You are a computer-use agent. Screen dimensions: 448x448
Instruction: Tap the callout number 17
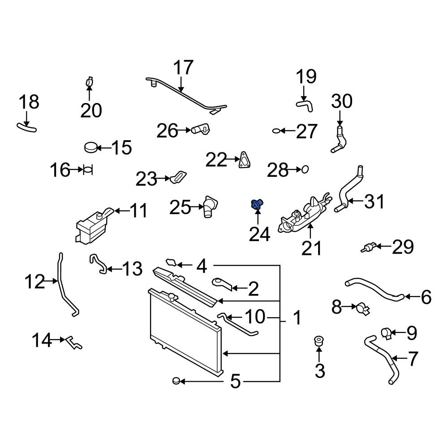pyautogui.click(x=183, y=68)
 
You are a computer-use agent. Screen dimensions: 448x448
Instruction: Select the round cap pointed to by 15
pyautogui.click(x=91, y=147)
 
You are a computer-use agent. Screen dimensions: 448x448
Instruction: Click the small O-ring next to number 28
pyautogui.click(x=305, y=169)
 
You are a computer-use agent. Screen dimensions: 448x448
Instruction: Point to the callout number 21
pyautogui.click(x=311, y=248)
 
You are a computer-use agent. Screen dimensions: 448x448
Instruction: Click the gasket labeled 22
pyautogui.click(x=244, y=160)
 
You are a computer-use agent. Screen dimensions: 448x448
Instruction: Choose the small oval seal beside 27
pyautogui.click(x=276, y=131)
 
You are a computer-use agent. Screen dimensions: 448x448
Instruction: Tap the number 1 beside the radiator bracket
pyautogui.click(x=297, y=318)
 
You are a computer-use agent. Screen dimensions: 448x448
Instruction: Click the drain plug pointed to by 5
pyautogui.click(x=176, y=380)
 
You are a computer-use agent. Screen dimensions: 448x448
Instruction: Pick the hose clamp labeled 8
pyautogui.click(x=362, y=309)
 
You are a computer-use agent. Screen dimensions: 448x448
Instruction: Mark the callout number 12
pyautogui.click(x=34, y=281)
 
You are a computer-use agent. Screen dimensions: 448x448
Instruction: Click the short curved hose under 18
pyautogui.click(x=26, y=127)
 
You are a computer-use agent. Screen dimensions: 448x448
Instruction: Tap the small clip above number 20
pyautogui.click(x=90, y=82)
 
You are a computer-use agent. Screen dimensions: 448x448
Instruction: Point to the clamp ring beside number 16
pyautogui.click(x=88, y=170)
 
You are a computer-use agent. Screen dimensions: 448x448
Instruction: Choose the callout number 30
pyautogui.click(x=342, y=101)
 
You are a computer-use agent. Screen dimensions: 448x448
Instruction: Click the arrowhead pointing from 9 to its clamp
pyautogui.click(x=392, y=332)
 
